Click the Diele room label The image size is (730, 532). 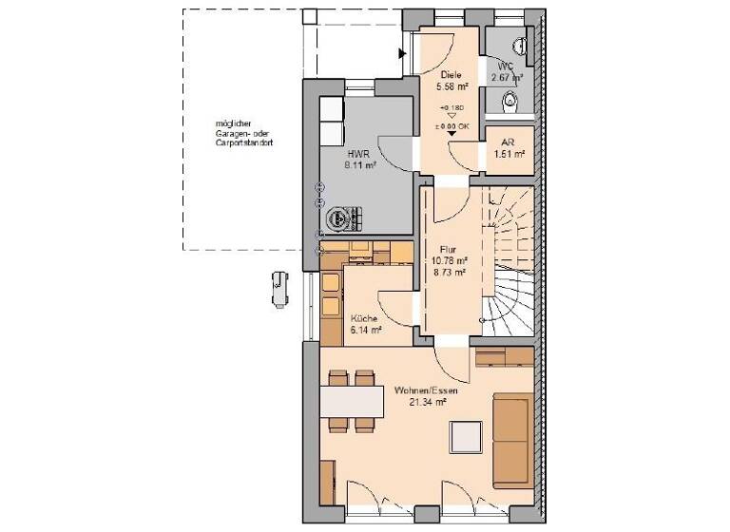pos(451,74)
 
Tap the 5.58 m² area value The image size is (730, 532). pos(451,85)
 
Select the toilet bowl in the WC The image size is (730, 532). pos(511,100)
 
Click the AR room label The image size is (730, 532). pos(508,142)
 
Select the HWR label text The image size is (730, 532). pos(357,152)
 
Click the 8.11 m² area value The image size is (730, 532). pos(359,164)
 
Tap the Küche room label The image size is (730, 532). pos(364,318)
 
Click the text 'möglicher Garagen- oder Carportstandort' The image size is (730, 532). pos(244,133)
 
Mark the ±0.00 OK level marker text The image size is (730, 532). pos(451,125)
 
